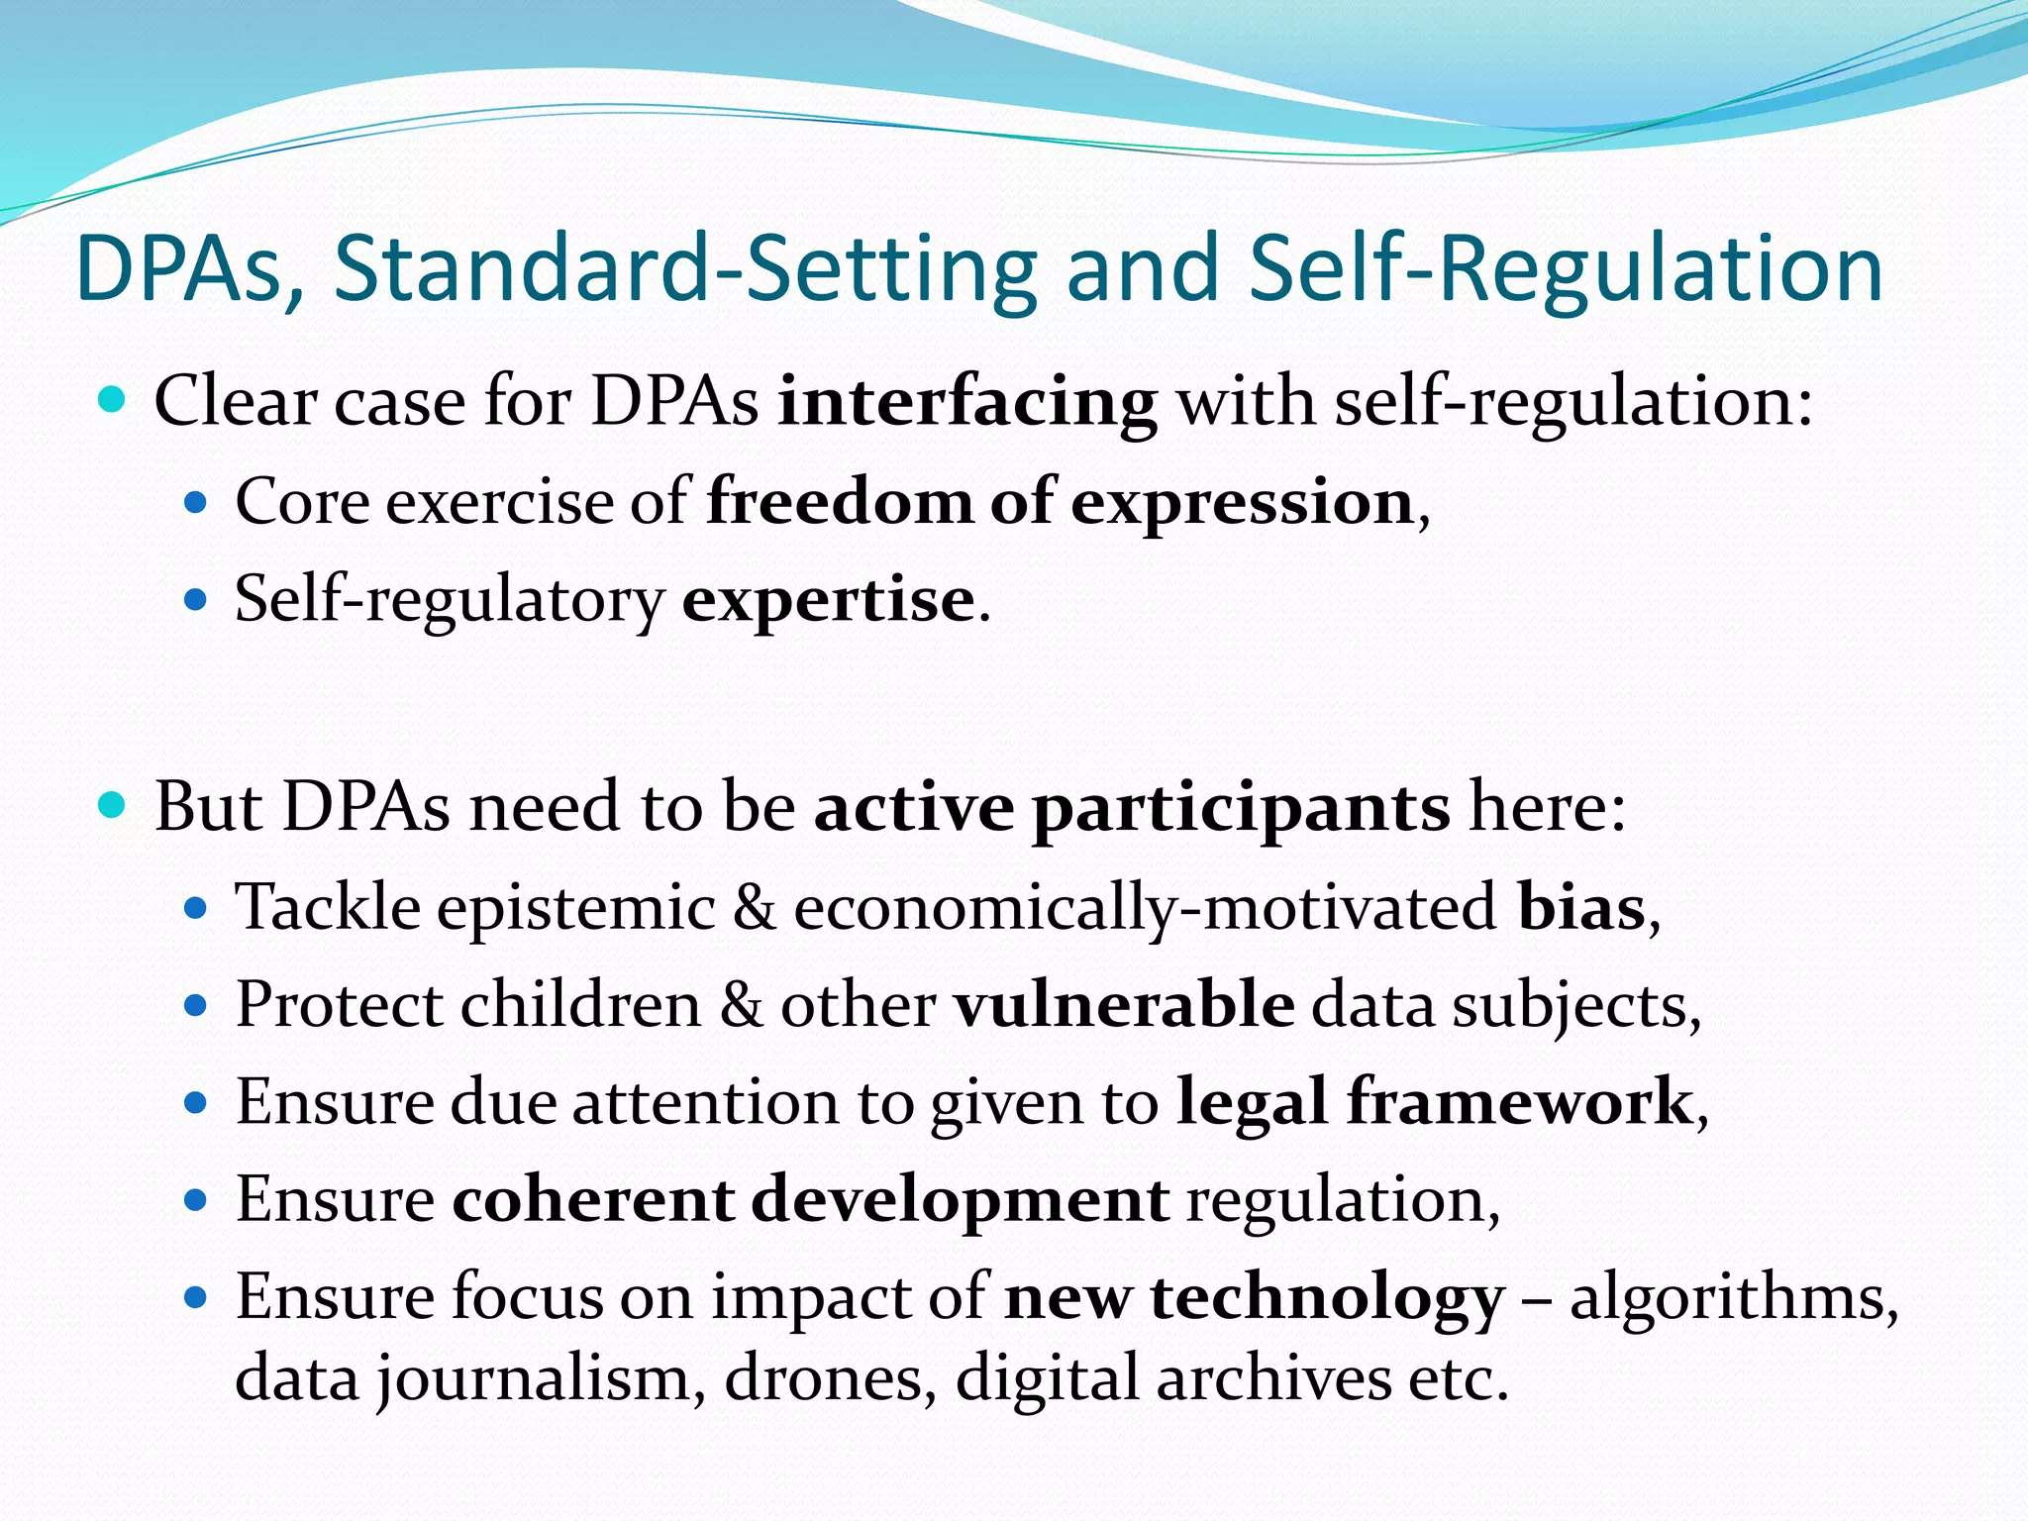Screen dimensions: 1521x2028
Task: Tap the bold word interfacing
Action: click(x=966, y=404)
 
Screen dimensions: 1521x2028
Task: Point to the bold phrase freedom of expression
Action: click(x=1060, y=502)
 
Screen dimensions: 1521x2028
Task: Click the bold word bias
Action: click(x=1581, y=907)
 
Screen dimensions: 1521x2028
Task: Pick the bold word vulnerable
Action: click(x=1124, y=1005)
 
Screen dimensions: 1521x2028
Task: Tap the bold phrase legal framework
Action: click(x=1435, y=1102)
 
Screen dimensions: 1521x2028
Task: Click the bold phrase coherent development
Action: click(x=811, y=1200)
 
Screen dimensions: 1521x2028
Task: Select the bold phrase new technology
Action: click(x=1255, y=1298)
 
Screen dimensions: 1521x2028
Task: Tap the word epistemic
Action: click(x=575, y=909)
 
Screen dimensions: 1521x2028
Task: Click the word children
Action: click(x=580, y=1005)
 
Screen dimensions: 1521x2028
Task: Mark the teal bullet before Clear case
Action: click(x=113, y=401)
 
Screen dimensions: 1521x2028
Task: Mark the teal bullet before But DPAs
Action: click(x=113, y=806)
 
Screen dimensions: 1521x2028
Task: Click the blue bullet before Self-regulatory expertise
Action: click(x=195, y=600)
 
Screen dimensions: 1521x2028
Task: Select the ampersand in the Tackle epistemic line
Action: click(x=755, y=907)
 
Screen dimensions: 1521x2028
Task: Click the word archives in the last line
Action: click(x=1273, y=1378)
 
